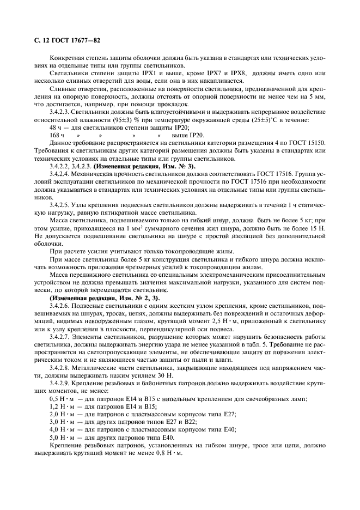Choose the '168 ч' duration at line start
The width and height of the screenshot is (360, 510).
point(57,135)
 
